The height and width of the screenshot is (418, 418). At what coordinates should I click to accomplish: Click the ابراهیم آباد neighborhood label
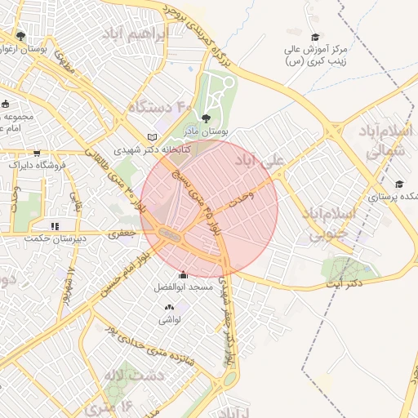(x=134, y=35)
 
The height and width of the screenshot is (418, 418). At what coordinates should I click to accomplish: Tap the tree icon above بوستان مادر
(x=215, y=118)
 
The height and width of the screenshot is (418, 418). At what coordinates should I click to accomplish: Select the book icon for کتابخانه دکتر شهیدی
(x=152, y=137)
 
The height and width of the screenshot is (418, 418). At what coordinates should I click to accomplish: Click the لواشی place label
(x=169, y=320)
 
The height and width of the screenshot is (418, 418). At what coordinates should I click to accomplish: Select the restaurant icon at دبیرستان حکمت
(x=55, y=226)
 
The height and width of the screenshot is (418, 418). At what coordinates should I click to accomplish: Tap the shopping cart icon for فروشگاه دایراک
(x=36, y=153)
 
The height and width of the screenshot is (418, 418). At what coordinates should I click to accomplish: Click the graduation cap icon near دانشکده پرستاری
(x=398, y=185)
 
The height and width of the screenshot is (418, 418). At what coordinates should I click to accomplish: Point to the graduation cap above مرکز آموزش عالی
(x=315, y=37)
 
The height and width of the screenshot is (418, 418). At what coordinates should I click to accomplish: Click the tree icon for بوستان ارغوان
(x=20, y=37)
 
